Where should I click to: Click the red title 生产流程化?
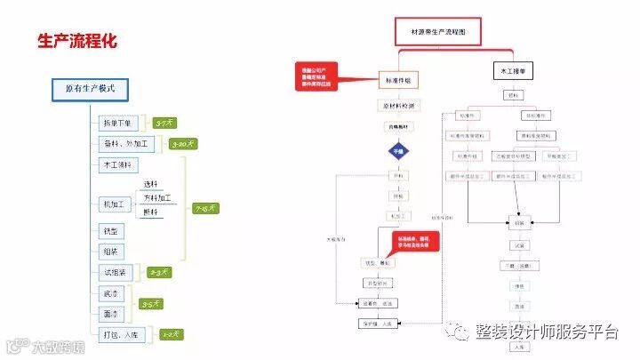pos(77,41)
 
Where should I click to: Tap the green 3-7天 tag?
pos(164,124)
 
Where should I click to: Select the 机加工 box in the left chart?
pos(113,204)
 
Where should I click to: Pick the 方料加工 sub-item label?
pos(157,198)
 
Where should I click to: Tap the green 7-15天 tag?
pos(206,208)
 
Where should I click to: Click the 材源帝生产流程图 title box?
pos(445,31)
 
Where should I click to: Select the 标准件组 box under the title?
pos(398,80)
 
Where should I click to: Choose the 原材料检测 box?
pos(398,105)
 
